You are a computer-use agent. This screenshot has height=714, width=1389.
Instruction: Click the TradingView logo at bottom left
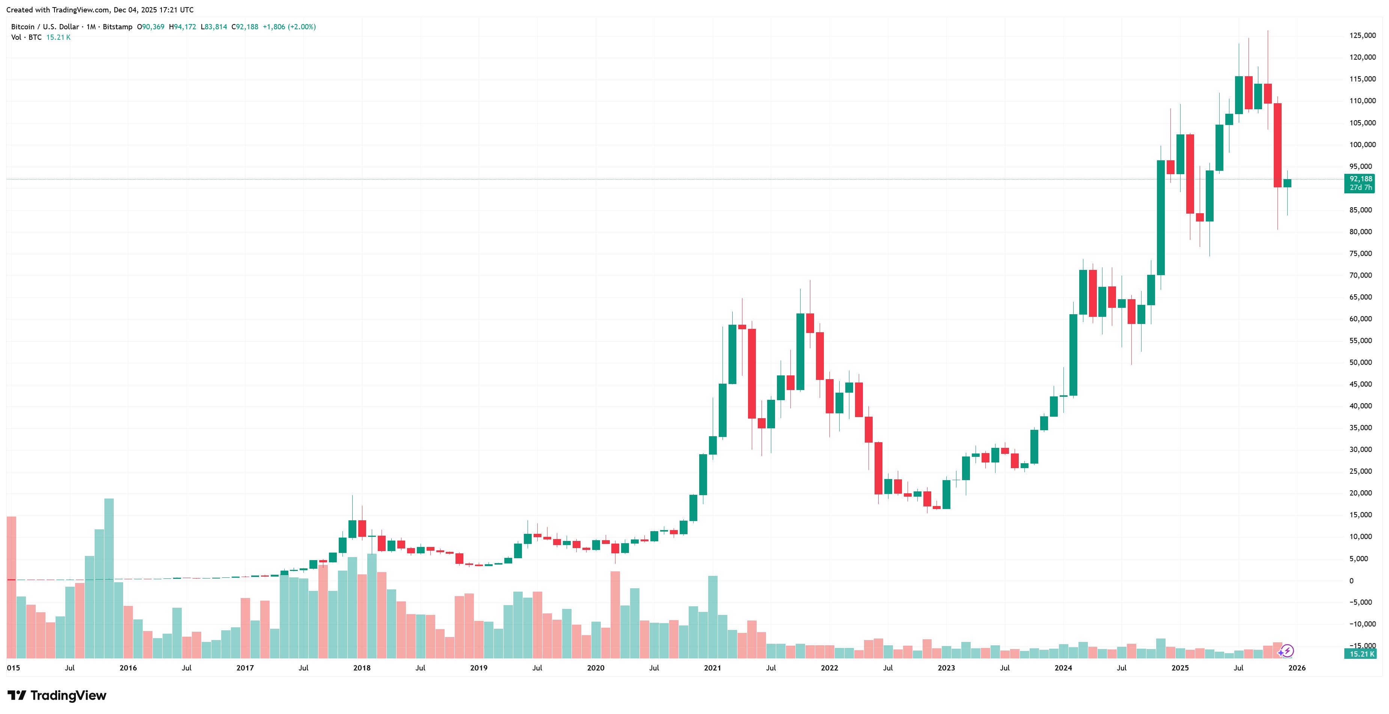click(x=57, y=695)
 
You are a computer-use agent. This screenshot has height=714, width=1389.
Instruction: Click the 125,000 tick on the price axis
click(x=1362, y=36)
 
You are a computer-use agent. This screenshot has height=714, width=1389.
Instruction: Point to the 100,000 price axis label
click(x=1362, y=145)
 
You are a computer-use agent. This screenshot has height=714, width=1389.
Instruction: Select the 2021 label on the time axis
click(x=712, y=668)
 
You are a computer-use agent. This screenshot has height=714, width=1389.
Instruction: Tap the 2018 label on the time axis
click(x=362, y=668)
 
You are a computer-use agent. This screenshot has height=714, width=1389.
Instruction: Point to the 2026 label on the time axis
click(x=1297, y=668)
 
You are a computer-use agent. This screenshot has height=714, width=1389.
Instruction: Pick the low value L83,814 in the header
click(x=214, y=26)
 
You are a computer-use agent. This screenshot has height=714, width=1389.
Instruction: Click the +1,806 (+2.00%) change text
click(x=289, y=26)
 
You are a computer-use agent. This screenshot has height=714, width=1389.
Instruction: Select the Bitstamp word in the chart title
click(x=118, y=26)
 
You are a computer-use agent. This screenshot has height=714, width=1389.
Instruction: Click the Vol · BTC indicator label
click(x=26, y=37)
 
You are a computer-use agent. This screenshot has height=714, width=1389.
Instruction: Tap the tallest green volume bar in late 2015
click(x=109, y=578)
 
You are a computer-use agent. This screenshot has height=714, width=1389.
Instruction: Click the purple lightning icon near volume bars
click(x=1287, y=651)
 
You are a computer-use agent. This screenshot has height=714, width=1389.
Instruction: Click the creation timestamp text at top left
click(x=100, y=10)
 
